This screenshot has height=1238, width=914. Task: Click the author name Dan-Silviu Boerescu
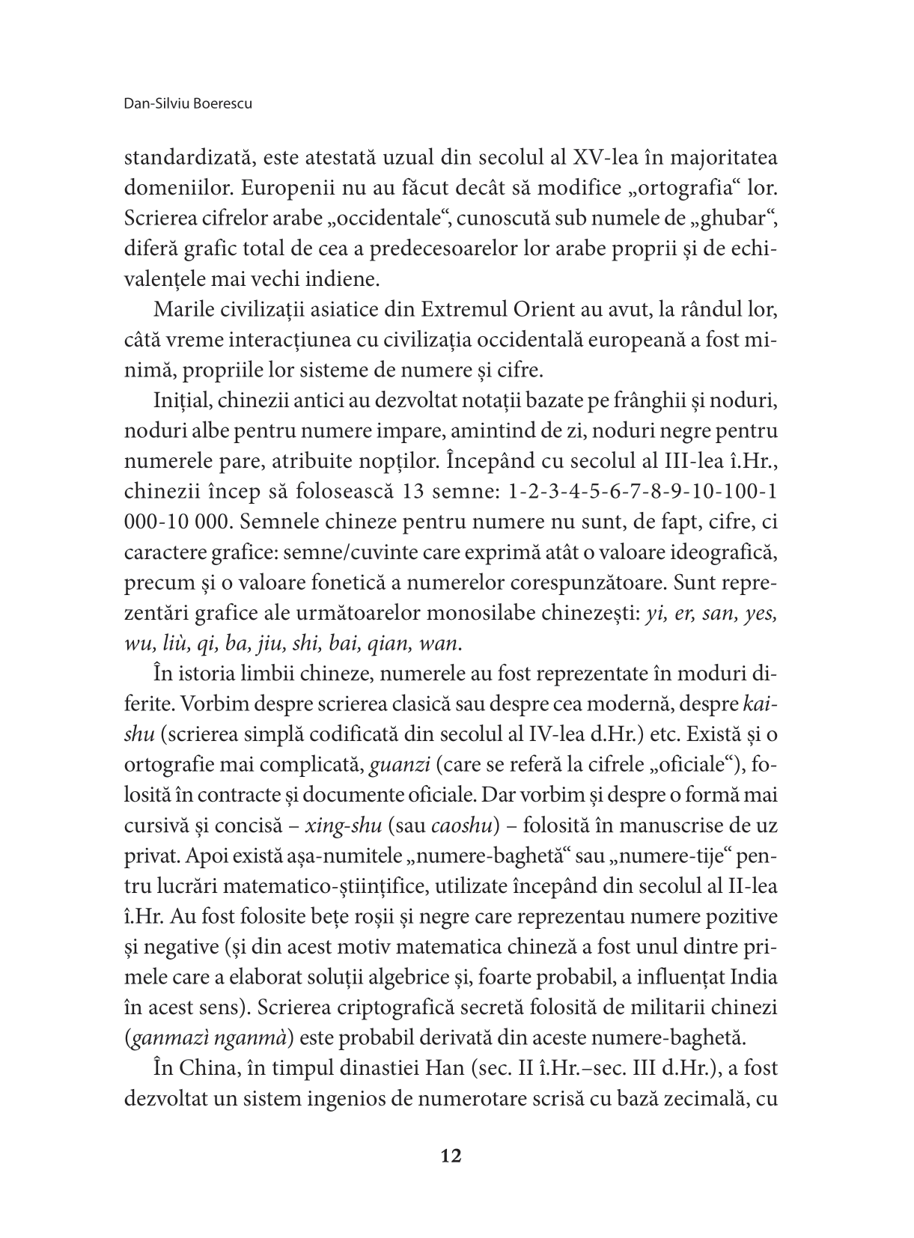click(x=188, y=104)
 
